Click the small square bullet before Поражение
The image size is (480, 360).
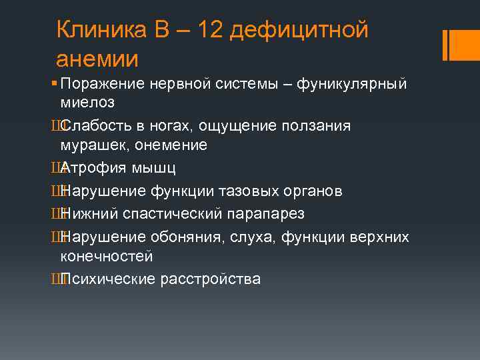tap(53, 84)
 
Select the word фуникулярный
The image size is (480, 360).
tap(351, 84)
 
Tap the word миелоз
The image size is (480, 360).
tap(87, 103)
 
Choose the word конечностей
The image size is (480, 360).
tap(107, 257)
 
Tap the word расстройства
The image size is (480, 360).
tap(210, 279)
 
